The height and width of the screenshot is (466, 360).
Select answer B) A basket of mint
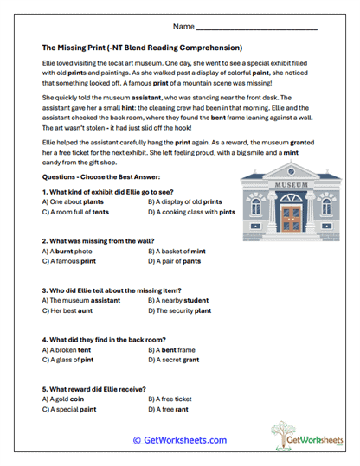click(178, 250)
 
